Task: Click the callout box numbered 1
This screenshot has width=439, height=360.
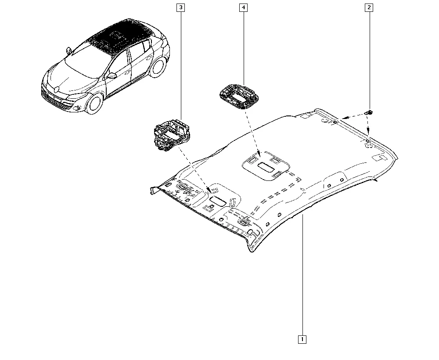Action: click(x=302, y=339)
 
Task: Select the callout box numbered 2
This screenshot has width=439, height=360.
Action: click(x=369, y=7)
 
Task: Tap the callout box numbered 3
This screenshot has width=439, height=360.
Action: click(x=181, y=7)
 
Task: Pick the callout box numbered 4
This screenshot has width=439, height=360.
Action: click(x=243, y=7)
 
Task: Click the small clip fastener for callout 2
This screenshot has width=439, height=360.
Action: click(x=369, y=112)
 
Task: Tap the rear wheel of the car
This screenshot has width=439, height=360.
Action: click(x=157, y=67)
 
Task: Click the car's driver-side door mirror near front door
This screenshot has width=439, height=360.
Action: click(x=112, y=76)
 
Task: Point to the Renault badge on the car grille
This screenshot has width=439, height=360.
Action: click(x=57, y=89)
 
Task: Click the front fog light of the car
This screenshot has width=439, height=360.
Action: click(x=77, y=108)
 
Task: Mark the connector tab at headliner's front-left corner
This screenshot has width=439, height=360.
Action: click(x=154, y=190)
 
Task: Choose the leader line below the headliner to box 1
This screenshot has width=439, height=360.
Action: click(x=302, y=275)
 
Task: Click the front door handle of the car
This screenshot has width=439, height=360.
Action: click(x=128, y=72)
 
